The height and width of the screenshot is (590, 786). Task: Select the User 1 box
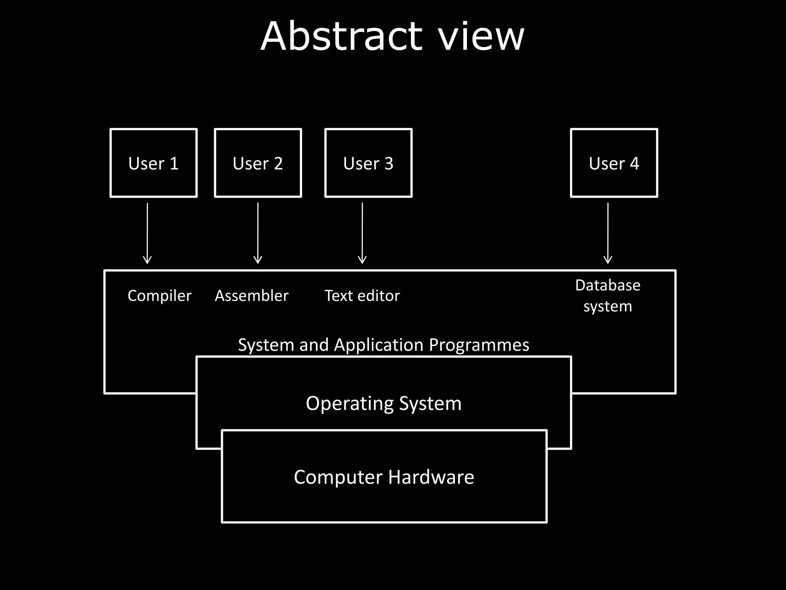(154, 163)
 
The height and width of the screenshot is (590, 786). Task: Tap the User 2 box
(258, 163)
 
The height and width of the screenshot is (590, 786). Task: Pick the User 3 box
(368, 163)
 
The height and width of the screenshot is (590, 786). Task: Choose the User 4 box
(614, 163)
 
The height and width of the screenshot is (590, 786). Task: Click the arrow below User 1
(147, 233)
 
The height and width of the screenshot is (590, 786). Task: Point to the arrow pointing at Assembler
(258, 233)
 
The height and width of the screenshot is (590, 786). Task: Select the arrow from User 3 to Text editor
(362, 233)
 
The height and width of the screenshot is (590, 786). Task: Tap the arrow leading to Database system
(608, 233)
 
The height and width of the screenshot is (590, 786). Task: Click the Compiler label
(159, 296)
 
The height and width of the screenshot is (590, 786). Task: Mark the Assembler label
(251, 296)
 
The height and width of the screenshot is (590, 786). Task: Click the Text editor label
(362, 296)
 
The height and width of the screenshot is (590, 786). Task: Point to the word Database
(608, 285)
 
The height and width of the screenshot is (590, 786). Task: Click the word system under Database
(608, 307)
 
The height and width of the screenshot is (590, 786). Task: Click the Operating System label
(384, 403)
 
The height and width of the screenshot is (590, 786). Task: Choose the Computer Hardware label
(384, 477)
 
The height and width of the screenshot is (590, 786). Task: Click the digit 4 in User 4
(634, 164)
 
